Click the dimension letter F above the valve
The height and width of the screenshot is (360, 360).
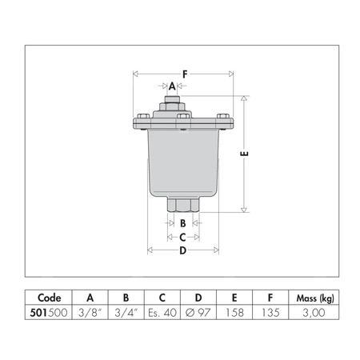tap(184, 74)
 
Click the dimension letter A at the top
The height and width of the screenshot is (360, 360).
tap(172, 86)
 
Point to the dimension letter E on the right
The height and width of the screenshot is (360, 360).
tap(245, 154)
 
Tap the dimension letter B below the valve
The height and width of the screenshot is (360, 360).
tap(182, 223)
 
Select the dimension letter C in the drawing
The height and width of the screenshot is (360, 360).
tap(182, 237)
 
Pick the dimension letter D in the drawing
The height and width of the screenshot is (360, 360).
tap(182, 251)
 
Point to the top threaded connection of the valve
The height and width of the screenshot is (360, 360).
tap(172, 102)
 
